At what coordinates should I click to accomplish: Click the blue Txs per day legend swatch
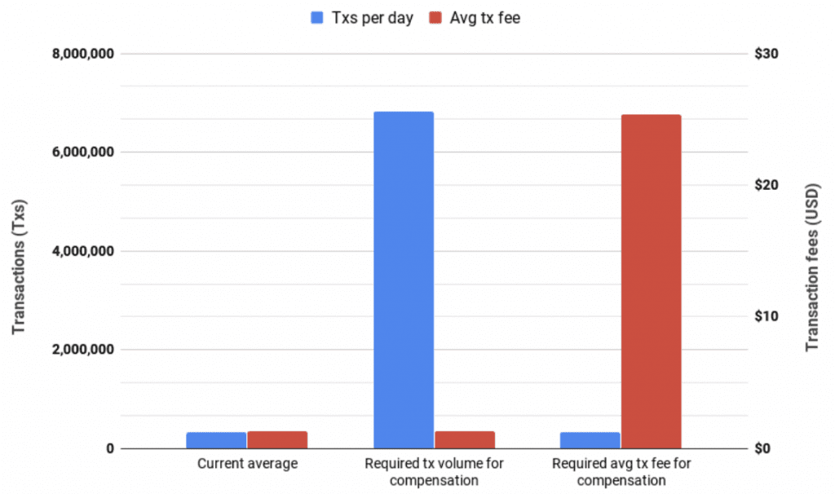click(317, 17)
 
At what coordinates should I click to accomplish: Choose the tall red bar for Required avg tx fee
click(651, 281)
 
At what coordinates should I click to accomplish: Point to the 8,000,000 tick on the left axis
click(80, 54)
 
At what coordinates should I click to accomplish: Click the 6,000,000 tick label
click(80, 152)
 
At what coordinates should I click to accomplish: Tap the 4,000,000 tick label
click(80, 251)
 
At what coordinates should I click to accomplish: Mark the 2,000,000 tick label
click(80, 350)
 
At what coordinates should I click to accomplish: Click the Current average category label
click(247, 464)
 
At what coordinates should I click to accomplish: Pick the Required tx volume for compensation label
click(434, 472)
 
